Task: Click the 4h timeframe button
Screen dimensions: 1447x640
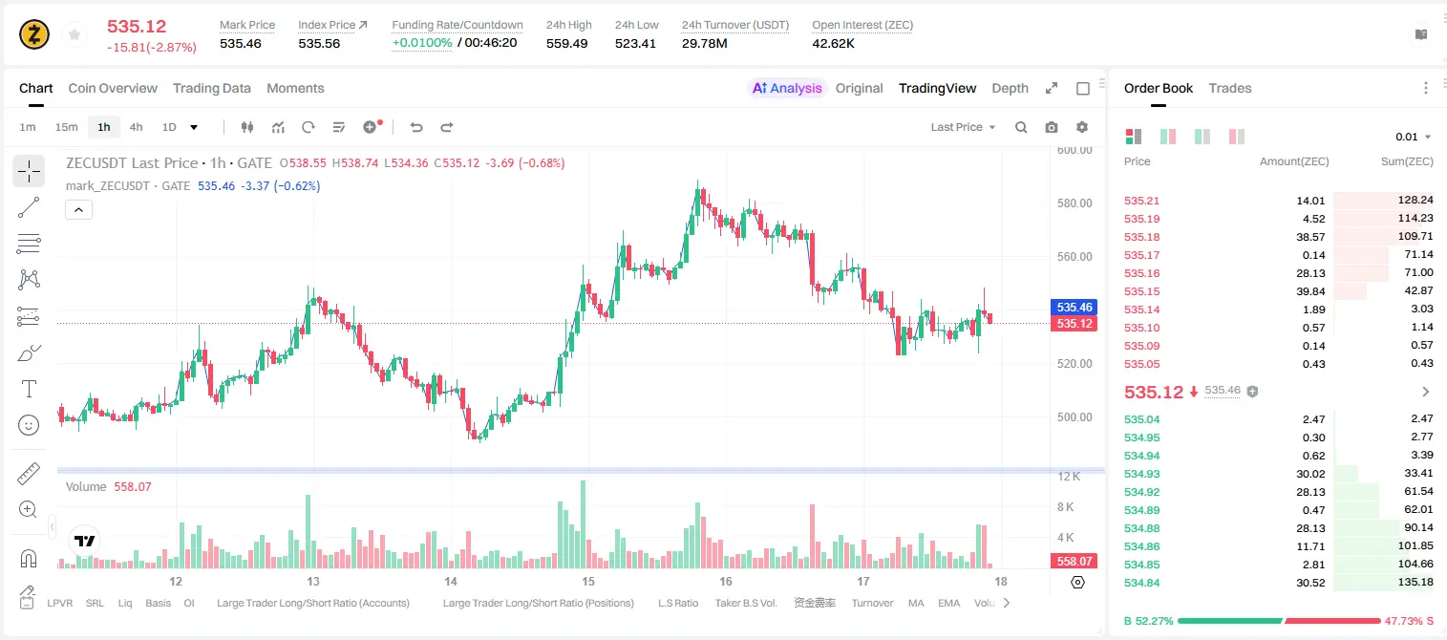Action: (x=136, y=127)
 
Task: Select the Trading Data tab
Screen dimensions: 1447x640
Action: (x=211, y=88)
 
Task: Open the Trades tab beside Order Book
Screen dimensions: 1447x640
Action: (x=1229, y=88)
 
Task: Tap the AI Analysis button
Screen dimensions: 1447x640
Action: (x=787, y=88)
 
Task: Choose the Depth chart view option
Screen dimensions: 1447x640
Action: (x=1010, y=88)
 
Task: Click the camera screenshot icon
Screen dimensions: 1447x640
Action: (x=1051, y=127)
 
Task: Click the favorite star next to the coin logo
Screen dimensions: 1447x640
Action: (x=74, y=34)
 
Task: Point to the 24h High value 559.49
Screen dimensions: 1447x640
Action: (x=566, y=43)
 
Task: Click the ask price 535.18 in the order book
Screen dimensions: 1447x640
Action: (x=1141, y=237)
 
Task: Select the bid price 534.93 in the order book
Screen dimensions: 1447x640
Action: (x=1141, y=474)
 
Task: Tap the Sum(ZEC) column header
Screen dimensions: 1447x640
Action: (x=1407, y=161)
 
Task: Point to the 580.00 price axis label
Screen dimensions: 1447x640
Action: (x=1075, y=203)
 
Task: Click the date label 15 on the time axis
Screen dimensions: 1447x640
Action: (x=587, y=581)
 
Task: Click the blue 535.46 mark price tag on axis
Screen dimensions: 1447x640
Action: (x=1074, y=308)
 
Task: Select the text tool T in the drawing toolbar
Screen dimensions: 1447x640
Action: (x=29, y=389)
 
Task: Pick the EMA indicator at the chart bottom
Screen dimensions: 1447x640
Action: (x=948, y=603)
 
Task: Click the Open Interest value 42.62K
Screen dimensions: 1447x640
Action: (x=833, y=43)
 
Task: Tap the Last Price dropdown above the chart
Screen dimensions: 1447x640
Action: (x=963, y=127)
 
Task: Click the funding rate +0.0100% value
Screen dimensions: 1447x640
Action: (x=422, y=43)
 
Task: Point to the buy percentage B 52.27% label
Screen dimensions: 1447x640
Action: (x=1148, y=621)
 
